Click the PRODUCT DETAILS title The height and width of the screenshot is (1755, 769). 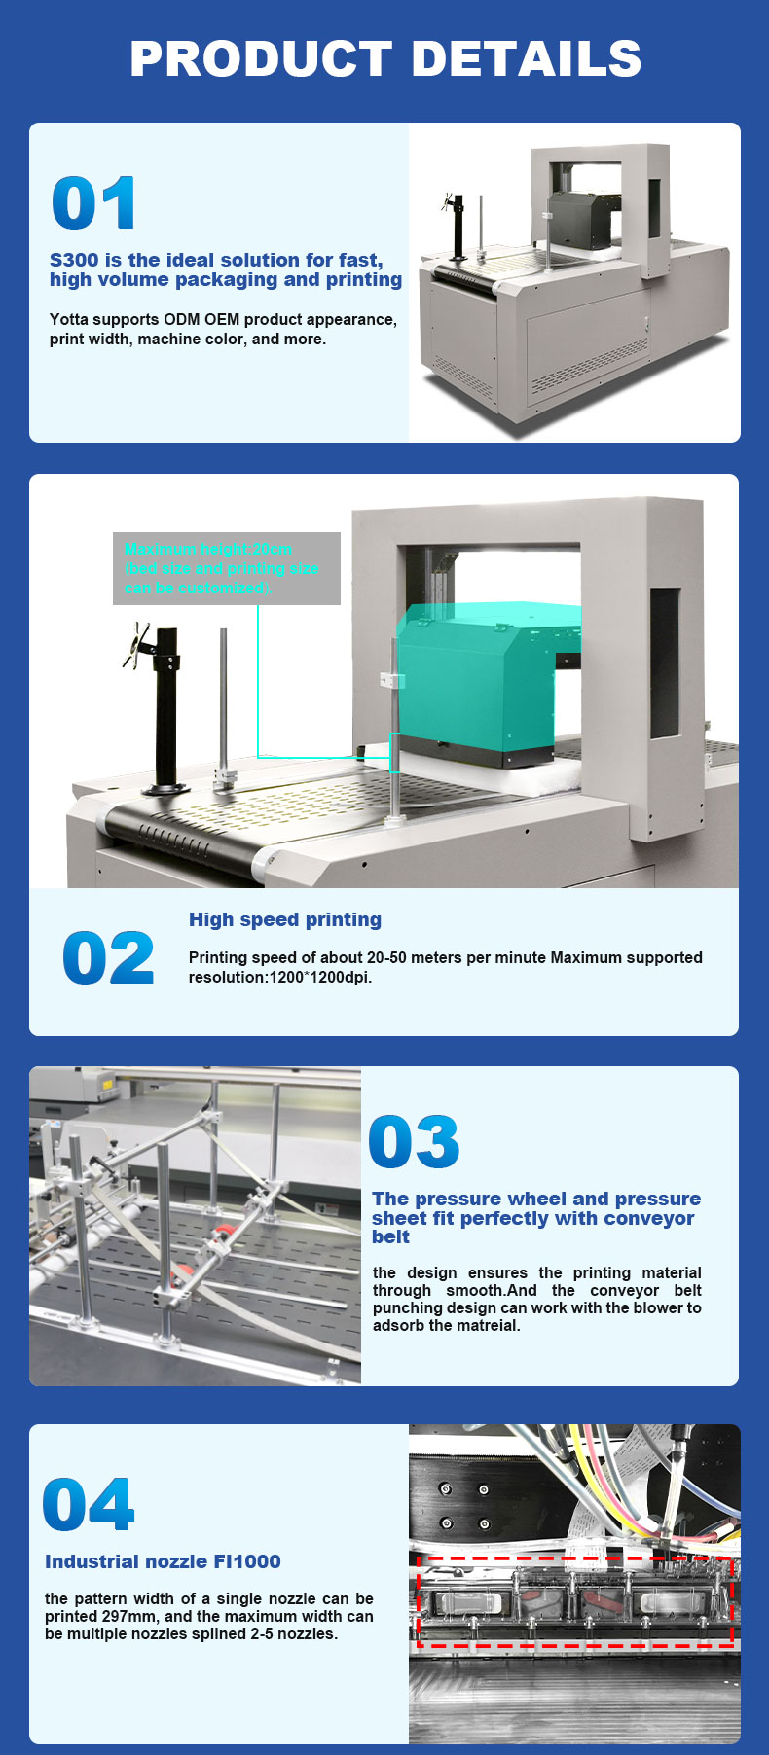(x=385, y=58)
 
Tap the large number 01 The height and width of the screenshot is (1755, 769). (x=93, y=203)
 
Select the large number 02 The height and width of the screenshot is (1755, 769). (x=108, y=958)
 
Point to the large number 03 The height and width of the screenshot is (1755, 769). (x=414, y=1142)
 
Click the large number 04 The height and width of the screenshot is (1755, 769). (x=89, y=1504)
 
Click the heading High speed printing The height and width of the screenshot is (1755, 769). (x=285, y=919)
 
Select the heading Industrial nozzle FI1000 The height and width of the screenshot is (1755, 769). (x=163, y=1561)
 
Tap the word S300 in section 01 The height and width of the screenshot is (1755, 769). (x=74, y=260)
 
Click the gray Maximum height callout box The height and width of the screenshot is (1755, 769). (x=227, y=568)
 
